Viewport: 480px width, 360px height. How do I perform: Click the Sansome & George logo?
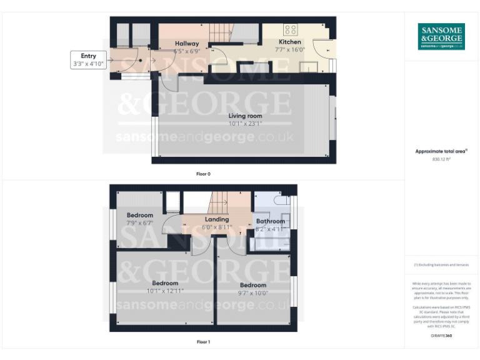point(441,37)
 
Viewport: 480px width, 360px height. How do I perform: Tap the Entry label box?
point(88,60)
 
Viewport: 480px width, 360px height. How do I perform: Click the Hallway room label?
point(186,43)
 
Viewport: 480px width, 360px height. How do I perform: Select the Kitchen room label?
point(289,42)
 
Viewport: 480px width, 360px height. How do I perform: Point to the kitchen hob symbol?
point(290,29)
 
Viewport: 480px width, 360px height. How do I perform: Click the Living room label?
point(245,116)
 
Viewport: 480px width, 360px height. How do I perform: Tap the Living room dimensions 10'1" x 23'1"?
point(245,123)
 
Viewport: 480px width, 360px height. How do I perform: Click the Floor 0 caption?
point(203,174)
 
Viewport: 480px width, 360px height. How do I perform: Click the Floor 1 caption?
point(203,342)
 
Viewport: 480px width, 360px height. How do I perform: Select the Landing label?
point(217,219)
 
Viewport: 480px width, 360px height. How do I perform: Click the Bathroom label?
point(270,221)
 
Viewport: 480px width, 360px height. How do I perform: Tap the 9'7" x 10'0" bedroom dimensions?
point(253,292)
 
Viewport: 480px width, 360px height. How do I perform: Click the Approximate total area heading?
point(441,151)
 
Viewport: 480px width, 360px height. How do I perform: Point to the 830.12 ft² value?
point(441,159)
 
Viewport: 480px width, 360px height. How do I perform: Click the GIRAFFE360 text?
point(441,336)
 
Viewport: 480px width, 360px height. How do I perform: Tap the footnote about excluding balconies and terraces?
point(441,265)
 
